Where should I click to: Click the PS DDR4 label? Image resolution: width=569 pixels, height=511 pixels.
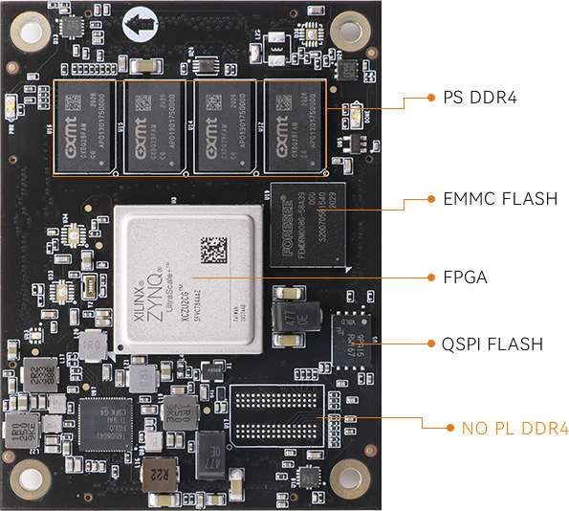479,97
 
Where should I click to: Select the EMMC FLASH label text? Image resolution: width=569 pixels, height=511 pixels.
500,199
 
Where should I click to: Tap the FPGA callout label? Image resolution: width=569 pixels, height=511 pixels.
466,278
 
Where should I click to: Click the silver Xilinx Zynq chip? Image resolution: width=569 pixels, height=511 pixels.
186,278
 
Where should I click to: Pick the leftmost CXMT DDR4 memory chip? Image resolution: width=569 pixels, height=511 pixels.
85,125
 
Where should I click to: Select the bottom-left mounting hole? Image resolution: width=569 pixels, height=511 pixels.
31,474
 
